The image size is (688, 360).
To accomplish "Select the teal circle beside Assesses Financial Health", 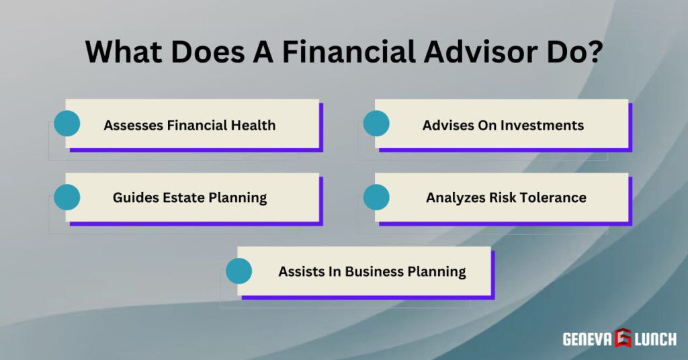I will pyautogui.click(x=67, y=124).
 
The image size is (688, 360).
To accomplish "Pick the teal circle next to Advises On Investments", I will pyautogui.click(x=376, y=124).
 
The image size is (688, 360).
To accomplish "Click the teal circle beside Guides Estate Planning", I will pyautogui.click(x=67, y=197).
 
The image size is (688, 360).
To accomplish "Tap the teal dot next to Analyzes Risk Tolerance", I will pyautogui.click(x=376, y=197).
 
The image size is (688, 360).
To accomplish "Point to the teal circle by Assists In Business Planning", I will pyautogui.click(x=239, y=271).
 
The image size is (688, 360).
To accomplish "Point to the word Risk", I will pyautogui.click(x=500, y=198).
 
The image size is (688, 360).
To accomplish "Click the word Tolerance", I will pyautogui.click(x=553, y=198).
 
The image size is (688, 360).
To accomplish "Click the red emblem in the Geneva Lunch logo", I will pyautogui.click(x=622, y=339).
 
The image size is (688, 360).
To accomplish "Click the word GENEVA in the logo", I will pyautogui.click(x=587, y=339).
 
